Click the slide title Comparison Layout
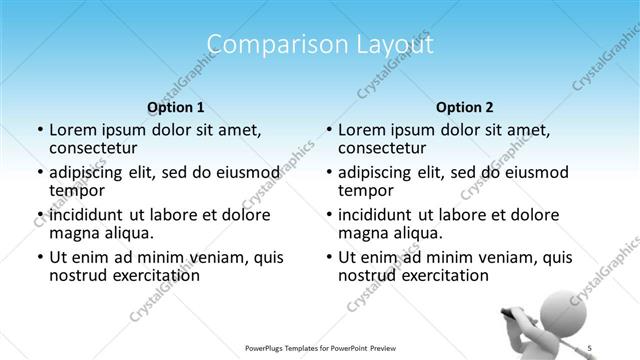click(x=320, y=45)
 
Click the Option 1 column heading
click(x=175, y=106)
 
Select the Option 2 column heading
click(x=464, y=106)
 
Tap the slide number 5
click(x=590, y=347)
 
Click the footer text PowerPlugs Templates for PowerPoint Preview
click(x=320, y=347)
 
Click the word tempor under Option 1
click(x=77, y=190)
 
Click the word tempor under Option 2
click(x=366, y=190)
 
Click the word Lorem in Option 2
click(x=361, y=130)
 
